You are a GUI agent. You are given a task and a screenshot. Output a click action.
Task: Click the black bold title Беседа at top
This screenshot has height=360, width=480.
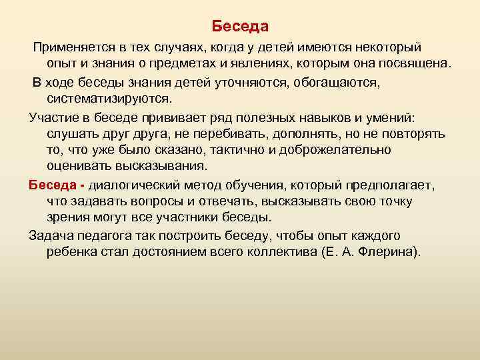pyautogui.click(x=240, y=27)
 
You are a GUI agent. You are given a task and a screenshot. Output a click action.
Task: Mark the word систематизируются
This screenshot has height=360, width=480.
pyautogui.click(x=109, y=99)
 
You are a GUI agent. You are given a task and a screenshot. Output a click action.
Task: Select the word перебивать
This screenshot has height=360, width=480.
pyautogui.click(x=257, y=133)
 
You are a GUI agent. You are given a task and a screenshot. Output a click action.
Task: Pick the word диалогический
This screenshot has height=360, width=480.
pyautogui.click(x=140, y=183)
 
